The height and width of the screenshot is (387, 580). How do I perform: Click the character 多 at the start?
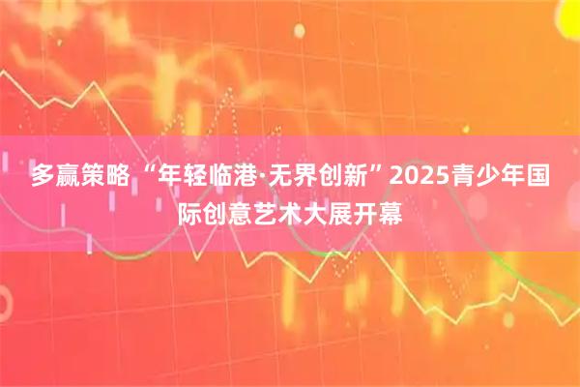pyautogui.click(x=43, y=178)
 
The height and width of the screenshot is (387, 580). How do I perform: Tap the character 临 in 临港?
pyautogui.click(x=228, y=178)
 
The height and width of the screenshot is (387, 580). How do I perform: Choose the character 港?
pyautogui.click(x=255, y=178)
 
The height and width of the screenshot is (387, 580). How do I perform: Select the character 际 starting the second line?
pyautogui.click(x=191, y=211)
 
